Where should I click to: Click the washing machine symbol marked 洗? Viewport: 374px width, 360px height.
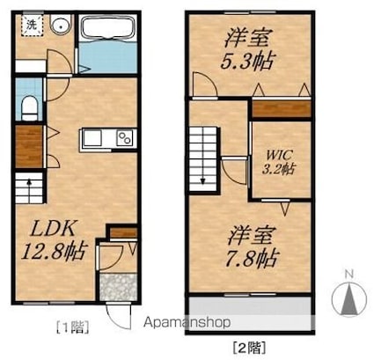coord(32,26)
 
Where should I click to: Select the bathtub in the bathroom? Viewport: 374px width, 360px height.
coord(108,28)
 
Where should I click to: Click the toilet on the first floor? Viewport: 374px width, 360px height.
coord(29,108)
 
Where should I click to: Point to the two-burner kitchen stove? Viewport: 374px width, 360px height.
coord(126,137)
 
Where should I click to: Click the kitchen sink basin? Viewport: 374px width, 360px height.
coord(92,138)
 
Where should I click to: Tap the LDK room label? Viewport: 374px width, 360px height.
coord(54,229)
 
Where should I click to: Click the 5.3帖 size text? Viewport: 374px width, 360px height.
coord(247,62)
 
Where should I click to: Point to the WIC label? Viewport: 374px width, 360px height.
coord(279,155)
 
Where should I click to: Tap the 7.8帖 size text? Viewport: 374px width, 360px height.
coord(251,258)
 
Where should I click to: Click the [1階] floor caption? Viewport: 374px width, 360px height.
coord(72,327)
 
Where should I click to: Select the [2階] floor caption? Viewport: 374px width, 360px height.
coord(250,348)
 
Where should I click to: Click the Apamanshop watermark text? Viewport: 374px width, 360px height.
coord(187,322)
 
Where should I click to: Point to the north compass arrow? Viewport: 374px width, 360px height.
coord(349,298)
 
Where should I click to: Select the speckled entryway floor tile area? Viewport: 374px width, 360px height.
coord(118,287)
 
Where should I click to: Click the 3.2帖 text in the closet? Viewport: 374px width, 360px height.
coord(278,169)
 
